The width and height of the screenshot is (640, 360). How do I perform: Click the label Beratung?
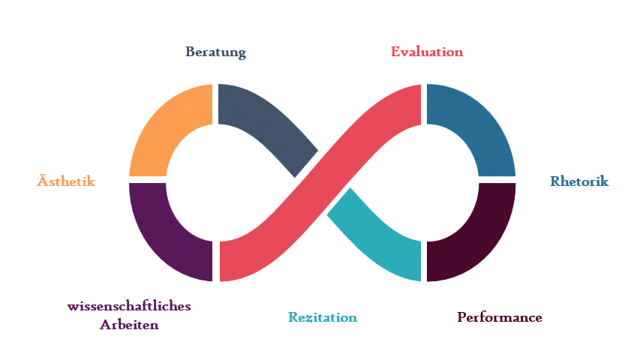[216, 52]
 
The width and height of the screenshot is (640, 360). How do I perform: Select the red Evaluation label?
[427, 52]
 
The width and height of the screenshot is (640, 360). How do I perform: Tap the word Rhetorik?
[579, 181]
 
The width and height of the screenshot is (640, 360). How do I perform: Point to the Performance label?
[500, 317]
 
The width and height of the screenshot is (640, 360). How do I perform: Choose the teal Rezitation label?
[323, 317]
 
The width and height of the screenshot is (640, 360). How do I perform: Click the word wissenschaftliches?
[129, 307]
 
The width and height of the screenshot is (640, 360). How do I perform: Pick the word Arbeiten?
[129, 325]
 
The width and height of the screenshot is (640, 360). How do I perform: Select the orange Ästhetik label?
[66, 181]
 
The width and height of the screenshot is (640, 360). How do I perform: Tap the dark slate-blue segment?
[270, 124]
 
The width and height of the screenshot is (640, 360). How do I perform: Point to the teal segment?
[375, 232]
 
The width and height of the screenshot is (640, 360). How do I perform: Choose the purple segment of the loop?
[165, 236]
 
